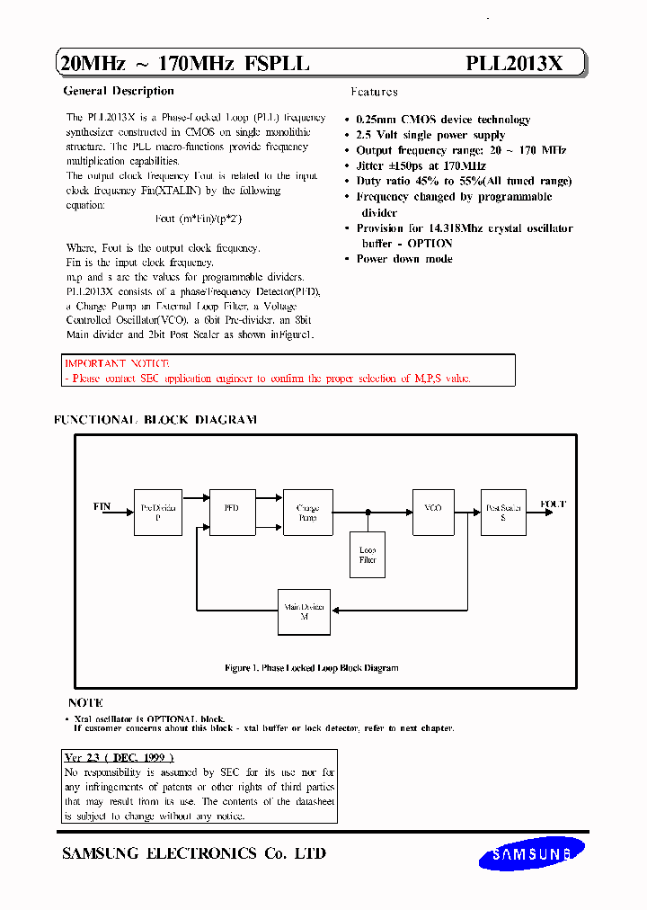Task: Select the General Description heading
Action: coord(119,91)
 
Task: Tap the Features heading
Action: coord(374,92)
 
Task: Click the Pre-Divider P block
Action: coord(158,513)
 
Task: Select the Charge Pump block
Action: coord(307,513)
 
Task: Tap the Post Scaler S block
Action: coord(503,513)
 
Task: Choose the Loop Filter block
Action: coord(368,555)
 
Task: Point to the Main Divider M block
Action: coord(305,612)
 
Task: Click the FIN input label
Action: coord(102,506)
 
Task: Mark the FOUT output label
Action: coord(554,504)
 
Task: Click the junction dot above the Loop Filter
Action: coord(368,513)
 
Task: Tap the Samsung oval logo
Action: coord(532,854)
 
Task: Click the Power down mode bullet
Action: coord(403,259)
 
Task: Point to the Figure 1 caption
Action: coord(311,668)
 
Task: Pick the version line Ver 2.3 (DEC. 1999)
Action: coord(120,758)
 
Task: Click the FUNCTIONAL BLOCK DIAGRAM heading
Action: coord(155,420)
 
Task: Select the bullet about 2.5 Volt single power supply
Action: coord(430,135)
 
